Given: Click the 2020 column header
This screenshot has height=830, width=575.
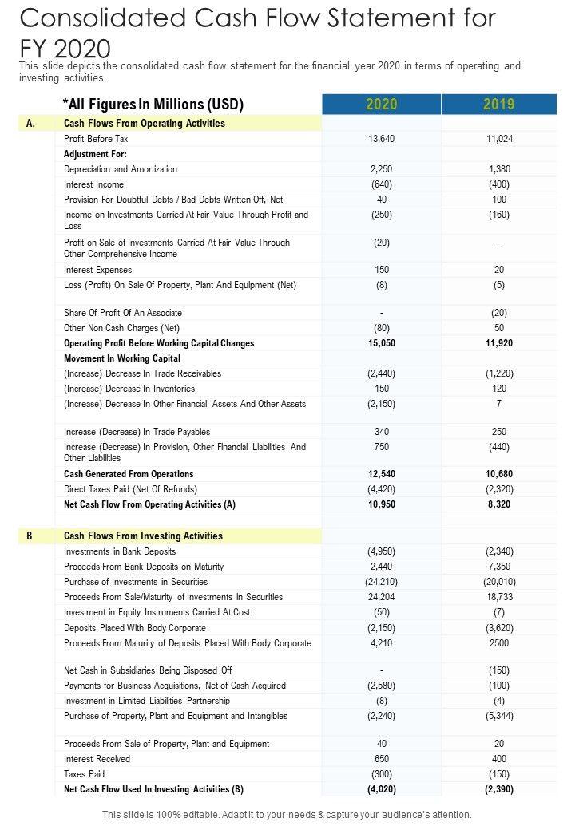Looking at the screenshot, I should [381, 104].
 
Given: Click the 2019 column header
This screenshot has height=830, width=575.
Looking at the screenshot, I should [499, 104].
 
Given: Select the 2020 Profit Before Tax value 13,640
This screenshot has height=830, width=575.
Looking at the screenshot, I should [381, 139].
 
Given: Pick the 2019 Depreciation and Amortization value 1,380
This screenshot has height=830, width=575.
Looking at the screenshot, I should [499, 169].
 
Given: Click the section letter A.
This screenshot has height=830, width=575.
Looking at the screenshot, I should [30, 124].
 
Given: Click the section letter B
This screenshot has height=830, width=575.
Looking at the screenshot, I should [30, 536].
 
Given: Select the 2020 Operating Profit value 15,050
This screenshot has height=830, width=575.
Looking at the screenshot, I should [381, 343].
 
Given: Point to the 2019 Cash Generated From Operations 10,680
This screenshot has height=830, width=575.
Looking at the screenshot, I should [499, 474].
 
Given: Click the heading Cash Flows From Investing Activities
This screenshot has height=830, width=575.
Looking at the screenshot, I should [143, 536].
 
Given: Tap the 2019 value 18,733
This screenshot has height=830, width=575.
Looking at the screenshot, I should [499, 597].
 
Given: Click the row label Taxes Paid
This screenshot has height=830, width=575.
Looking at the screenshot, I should [84, 774].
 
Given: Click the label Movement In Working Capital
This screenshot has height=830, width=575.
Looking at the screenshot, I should [122, 358].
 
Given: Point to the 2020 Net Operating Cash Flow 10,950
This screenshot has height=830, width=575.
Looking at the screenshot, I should [381, 504].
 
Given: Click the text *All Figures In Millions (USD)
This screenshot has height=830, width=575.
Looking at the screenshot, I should [153, 104].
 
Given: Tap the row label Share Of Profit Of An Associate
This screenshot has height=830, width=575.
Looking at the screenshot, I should [123, 313].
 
